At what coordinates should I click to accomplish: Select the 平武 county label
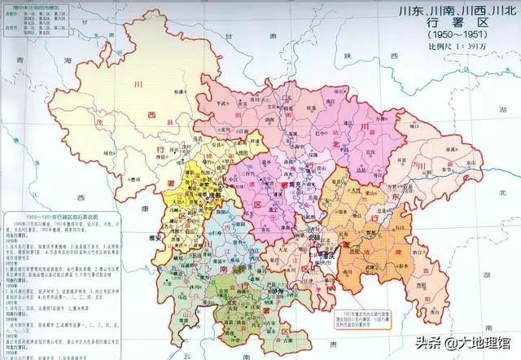pos(218,104)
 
